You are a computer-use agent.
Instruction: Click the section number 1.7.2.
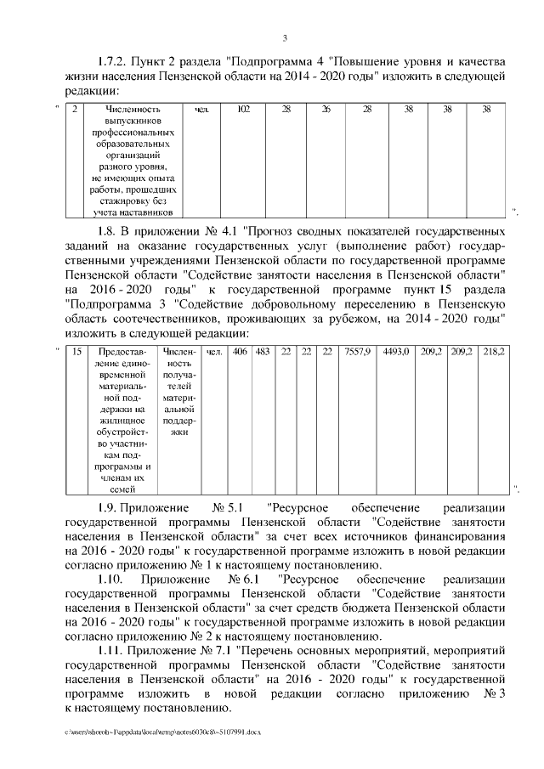click(x=113, y=62)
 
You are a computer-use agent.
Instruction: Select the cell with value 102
click(x=243, y=110)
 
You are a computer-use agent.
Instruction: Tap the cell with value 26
click(x=326, y=110)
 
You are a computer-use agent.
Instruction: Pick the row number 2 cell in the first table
click(x=76, y=110)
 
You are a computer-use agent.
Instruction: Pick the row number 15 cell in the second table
click(x=77, y=351)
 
